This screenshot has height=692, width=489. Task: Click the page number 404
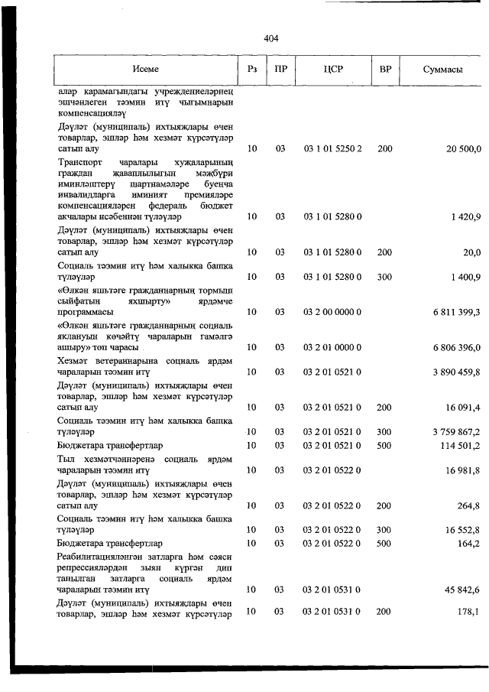tap(270, 37)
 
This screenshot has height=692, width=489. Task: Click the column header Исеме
tap(145, 69)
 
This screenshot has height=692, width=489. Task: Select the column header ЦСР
tap(333, 69)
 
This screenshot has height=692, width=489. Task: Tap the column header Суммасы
tap(442, 69)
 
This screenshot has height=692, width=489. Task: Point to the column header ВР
tap(385, 69)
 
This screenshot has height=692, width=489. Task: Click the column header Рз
tap(252, 69)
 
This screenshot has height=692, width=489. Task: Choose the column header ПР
tap(280, 69)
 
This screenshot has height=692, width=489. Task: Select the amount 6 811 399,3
tap(452, 312)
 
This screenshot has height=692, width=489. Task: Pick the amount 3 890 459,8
tap(452, 372)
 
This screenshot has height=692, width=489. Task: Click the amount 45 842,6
tap(458, 590)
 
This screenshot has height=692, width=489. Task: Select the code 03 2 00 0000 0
tap(333, 312)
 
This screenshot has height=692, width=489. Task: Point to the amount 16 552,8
tap(458, 529)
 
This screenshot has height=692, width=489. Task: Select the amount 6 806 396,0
tap(452, 348)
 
